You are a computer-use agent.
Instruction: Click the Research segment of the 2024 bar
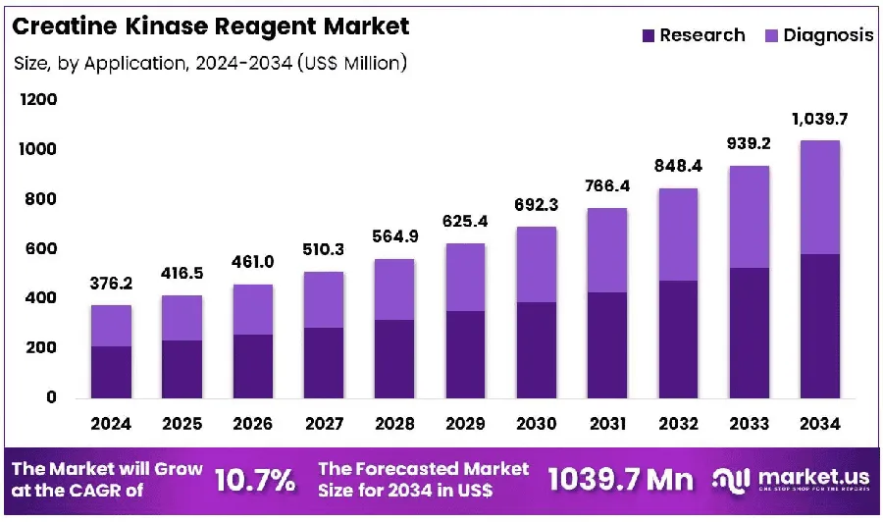pyautogui.click(x=111, y=372)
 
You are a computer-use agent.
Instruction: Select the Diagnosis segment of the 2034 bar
pyautogui.click(x=820, y=197)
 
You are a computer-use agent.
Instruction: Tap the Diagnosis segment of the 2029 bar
pyautogui.click(x=465, y=277)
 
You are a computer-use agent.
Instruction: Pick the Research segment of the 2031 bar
pyautogui.click(x=607, y=345)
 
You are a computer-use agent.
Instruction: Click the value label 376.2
pyautogui.click(x=111, y=284)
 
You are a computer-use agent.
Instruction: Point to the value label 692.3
pyautogui.click(x=536, y=205)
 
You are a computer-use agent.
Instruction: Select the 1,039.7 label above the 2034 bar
pyautogui.click(x=819, y=120)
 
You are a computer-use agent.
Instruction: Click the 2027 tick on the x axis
pyautogui.click(x=324, y=424)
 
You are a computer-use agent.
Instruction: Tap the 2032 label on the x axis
pyautogui.click(x=678, y=424)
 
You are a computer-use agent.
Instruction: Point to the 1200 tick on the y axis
pyautogui.click(x=38, y=100)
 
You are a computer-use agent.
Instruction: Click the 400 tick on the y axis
pyautogui.click(x=40, y=298)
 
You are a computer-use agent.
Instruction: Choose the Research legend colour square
pyautogui.click(x=649, y=36)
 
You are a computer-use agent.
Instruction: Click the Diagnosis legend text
pyautogui.click(x=828, y=35)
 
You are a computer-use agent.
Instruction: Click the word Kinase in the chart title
pyautogui.click(x=162, y=26)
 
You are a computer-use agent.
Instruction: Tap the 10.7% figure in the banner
pyautogui.click(x=255, y=481)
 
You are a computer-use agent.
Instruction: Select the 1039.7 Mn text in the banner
pyautogui.click(x=621, y=480)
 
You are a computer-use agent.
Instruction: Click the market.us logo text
pyautogui.click(x=813, y=477)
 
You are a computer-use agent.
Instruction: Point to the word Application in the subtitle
pyautogui.click(x=135, y=64)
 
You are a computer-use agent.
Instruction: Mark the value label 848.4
pyautogui.click(x=678, y=166)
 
